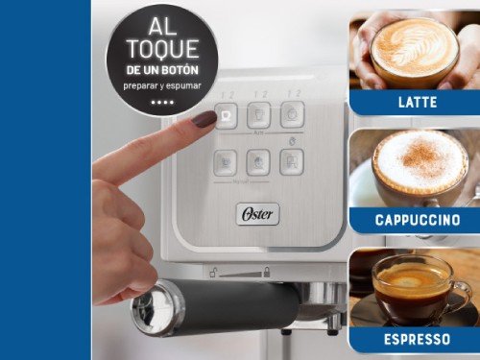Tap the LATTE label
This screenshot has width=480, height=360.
point(416,102)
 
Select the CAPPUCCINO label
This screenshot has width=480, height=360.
point(416,220)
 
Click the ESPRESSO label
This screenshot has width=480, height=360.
point(416,339)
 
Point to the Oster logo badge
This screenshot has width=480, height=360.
point(257,213)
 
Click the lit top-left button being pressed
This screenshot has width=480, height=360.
point(228,116)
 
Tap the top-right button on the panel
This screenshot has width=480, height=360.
point(292,114)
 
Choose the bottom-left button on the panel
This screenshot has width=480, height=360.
point(226,162)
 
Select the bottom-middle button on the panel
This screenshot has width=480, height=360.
point(258,162)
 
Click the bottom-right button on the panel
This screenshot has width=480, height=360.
point(292,161)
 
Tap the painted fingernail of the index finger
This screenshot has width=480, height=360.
point(204,119)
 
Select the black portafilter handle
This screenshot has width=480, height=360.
point(240,306)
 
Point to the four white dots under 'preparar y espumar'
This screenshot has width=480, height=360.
point(161,101)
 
